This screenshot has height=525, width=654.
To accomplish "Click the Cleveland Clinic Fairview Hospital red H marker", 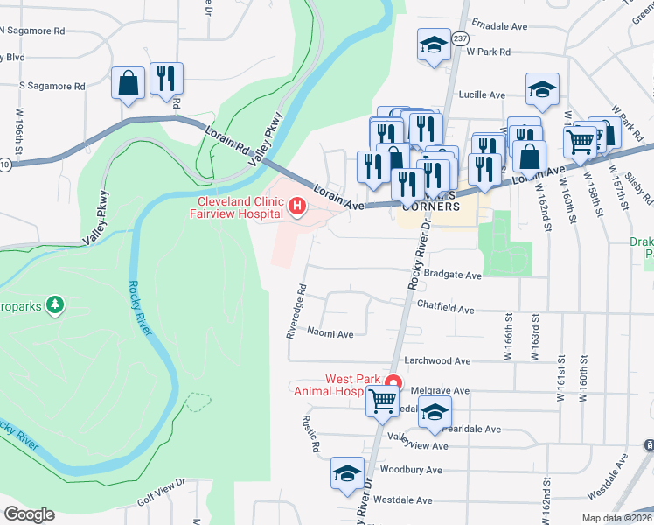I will tap(296, 207).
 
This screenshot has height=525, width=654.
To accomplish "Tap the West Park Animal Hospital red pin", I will tap(393, 382).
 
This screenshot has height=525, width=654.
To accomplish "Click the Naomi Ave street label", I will tap(330, 333).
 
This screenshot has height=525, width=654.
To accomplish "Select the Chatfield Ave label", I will tap(445, 309).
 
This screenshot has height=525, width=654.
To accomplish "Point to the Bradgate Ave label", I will tap(452, 275).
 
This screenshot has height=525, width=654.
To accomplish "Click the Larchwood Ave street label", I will tap(438, 360).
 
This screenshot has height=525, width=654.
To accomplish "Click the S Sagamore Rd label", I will tap(52, 87).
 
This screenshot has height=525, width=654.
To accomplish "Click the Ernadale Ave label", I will tap(498, 26).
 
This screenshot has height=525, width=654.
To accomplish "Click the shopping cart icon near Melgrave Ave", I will tap(382, 402).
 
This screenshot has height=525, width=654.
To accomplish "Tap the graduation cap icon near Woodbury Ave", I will tap(347, 473).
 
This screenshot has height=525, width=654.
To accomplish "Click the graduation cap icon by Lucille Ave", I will tap(542, 87).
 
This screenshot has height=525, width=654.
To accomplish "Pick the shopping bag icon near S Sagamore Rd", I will tap(129, 83).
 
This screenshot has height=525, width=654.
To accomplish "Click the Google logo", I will tap(29, 514).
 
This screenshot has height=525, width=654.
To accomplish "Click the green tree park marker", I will tap(56, 304).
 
